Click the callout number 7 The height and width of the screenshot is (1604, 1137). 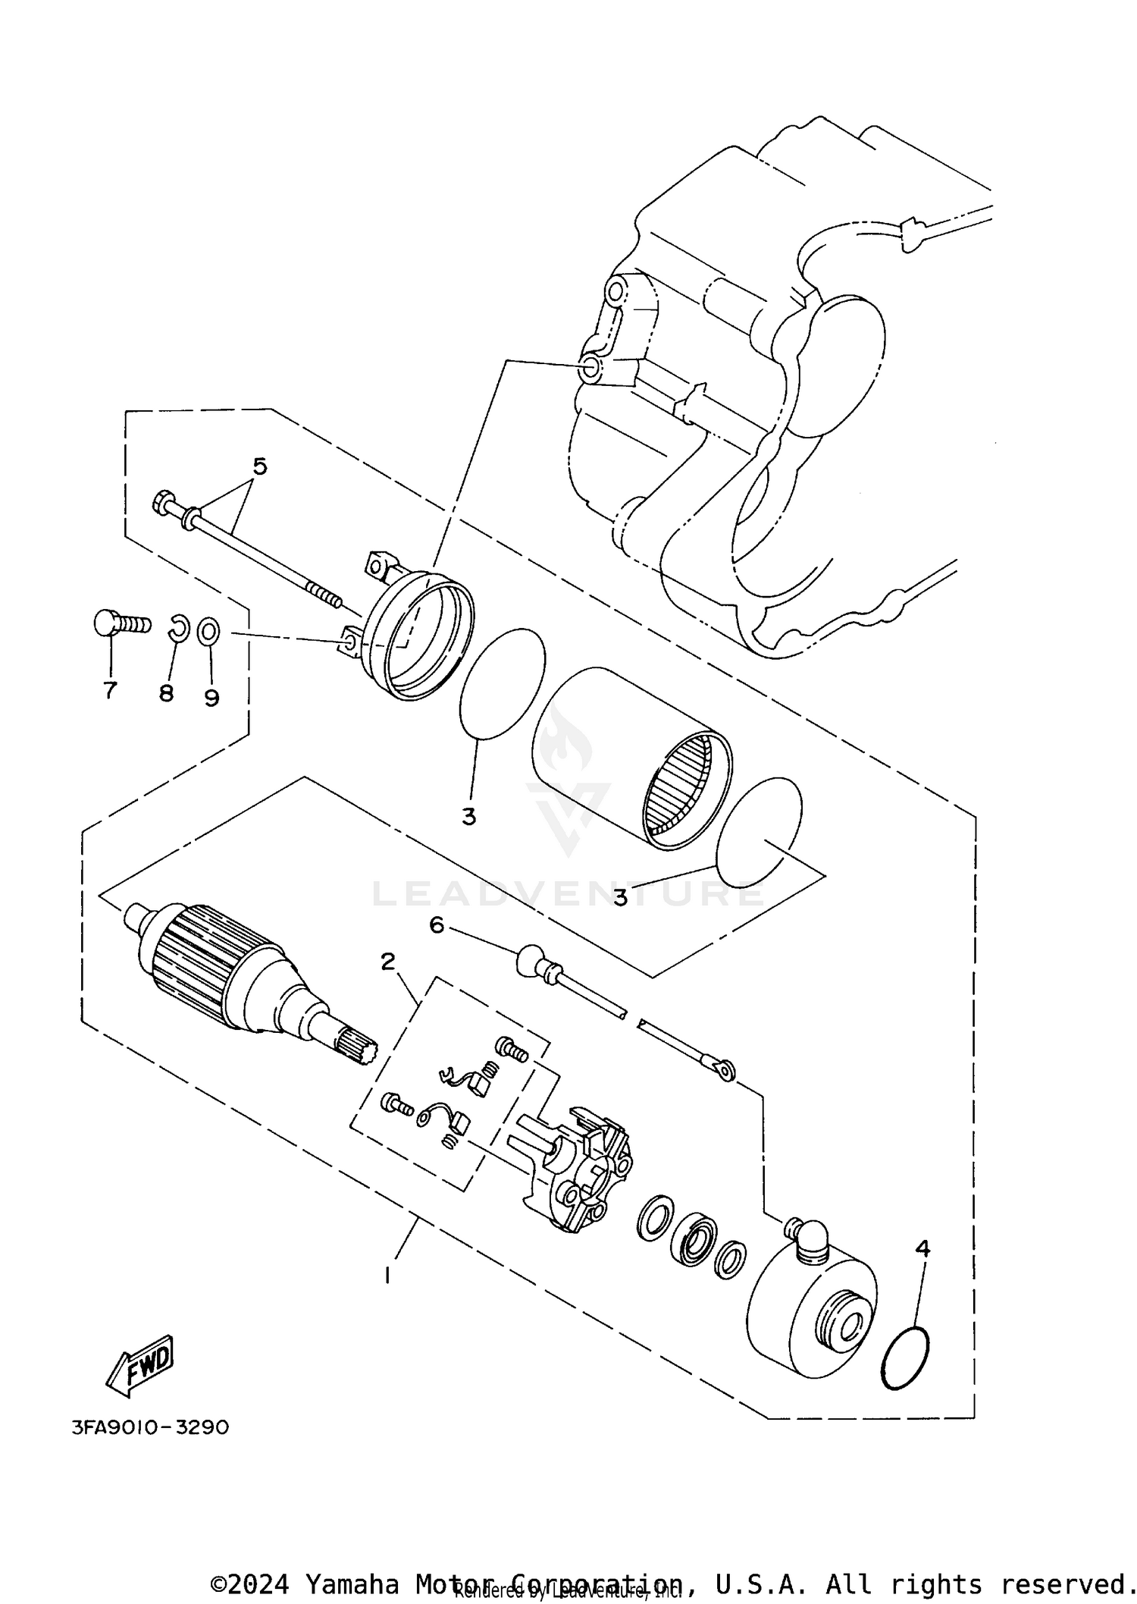coord(111,690)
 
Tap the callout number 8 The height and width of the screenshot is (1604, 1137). coord(166,693)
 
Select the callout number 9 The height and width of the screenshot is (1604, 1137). coord(211,697)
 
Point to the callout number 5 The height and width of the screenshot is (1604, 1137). coord(260,466)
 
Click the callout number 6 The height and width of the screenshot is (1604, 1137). coord(437,924)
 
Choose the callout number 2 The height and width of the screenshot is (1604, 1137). coord(387,962)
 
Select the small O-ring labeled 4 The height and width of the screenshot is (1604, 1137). coord(906,1360)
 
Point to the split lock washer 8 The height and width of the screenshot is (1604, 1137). coord(177,628)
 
